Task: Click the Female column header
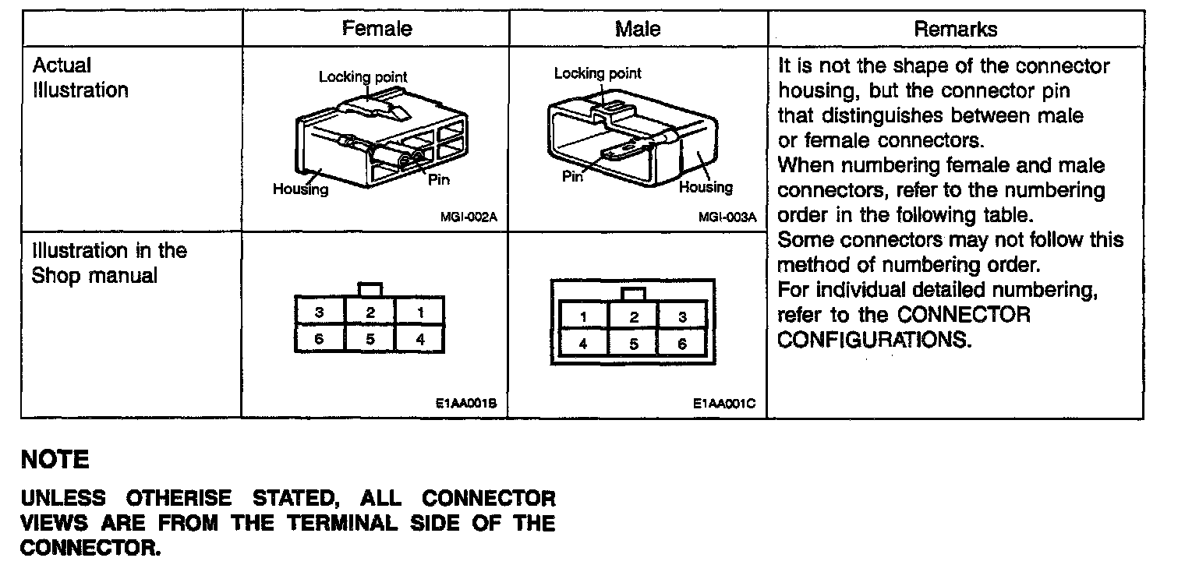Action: click(377, 30)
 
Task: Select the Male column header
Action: click(637, 30)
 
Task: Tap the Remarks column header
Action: click(955, 30)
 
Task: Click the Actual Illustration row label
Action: click(80, 78)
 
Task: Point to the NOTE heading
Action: click(55, 460)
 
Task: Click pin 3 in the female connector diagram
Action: click(320, 312)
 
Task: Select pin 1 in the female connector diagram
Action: click(420, 312)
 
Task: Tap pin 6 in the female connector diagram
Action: click(320, 340)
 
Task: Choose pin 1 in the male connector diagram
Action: click(583, 316)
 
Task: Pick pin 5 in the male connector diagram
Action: click(634, 344)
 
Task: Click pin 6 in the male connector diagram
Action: click(682, 344)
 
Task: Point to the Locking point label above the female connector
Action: click(363, 77)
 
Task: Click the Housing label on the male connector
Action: click(706, 187)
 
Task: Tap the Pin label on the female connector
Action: click(438, 180)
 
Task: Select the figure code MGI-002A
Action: click(469, 217)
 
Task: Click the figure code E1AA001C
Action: click(723, 404)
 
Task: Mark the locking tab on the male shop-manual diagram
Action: click(634, 294)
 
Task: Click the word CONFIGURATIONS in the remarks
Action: click(875, 341)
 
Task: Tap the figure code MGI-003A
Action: click(727, 217)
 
